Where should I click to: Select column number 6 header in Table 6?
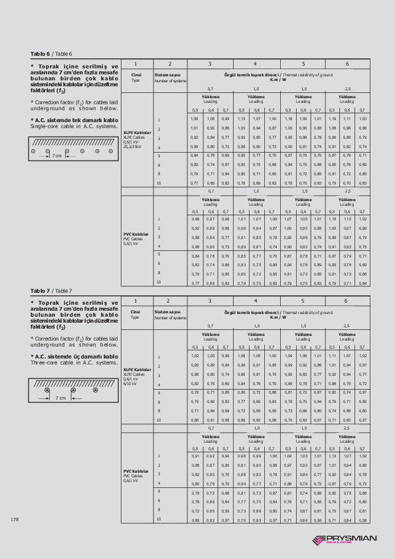coord(347,64)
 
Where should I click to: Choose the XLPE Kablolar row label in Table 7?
coord(137,369)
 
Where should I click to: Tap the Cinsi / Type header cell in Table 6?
coord(136,77)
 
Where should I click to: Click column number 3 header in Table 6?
coord(210,64)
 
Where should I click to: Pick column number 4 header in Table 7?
coord(256,301)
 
